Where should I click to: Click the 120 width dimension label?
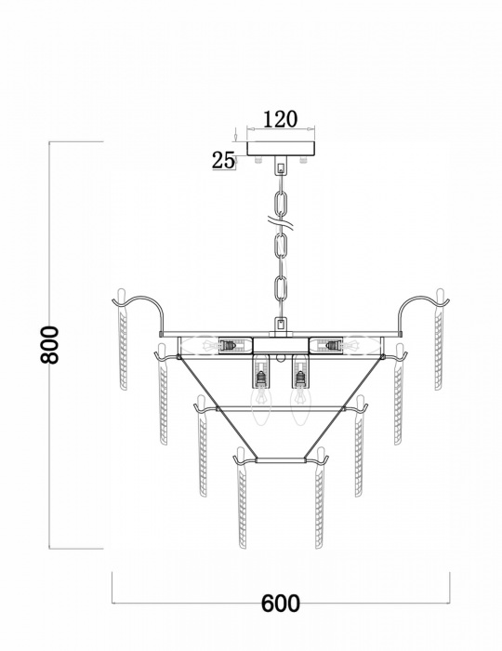coord(280,119)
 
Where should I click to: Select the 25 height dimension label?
coord(224,159)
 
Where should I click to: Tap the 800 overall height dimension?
coord(53,345)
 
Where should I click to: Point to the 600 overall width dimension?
coord(280,603)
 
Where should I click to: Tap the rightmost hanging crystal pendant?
coord(443,344)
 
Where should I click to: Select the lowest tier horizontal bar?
coord(281,460)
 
